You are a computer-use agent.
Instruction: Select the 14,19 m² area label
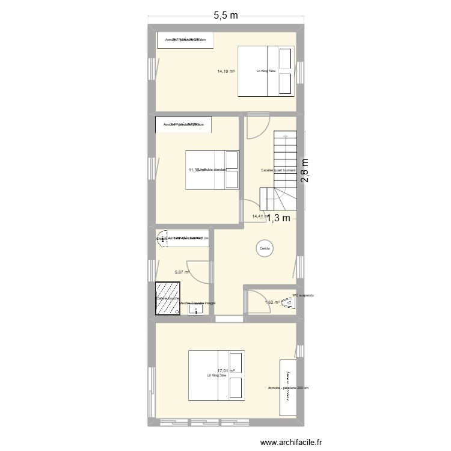[x=226, y=71]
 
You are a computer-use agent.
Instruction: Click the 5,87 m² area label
[x=182, y=272]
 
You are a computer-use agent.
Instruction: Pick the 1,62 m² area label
[x=272, y=302]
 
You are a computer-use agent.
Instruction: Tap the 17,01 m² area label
[x=226, y=371]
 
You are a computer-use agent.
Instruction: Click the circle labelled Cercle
[x=264, y=248]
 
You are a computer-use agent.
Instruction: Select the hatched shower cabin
[x=167, y=298]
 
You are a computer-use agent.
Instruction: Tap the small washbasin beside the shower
[x=196, y=309]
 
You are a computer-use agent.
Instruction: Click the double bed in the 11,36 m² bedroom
[x=212, y=170]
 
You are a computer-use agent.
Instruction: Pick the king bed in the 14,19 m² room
[x=265, y=71]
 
